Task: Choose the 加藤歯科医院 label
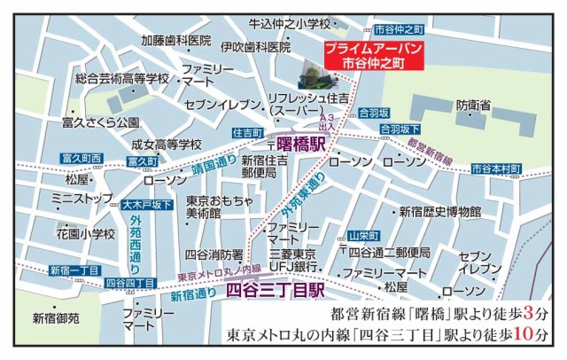pos(175,41)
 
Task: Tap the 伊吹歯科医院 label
pos(256,47)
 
